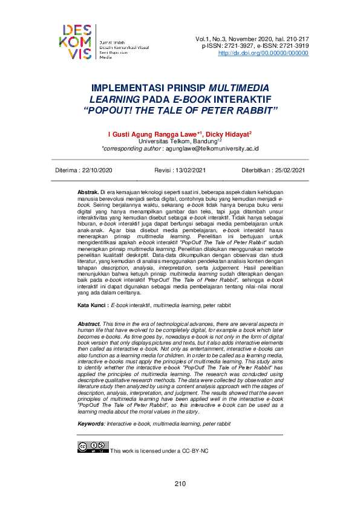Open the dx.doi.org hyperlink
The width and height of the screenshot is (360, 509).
[263, 53]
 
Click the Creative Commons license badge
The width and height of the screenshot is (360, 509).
[93, 448]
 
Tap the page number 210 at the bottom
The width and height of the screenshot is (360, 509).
[180, 484]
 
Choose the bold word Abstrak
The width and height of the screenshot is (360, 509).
[88, 192]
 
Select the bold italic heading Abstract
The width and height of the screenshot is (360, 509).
[90, 325]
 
